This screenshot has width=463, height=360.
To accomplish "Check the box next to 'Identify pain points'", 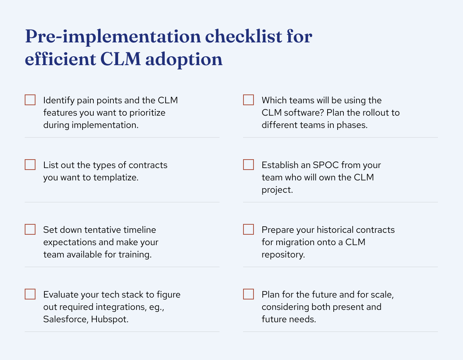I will tap(30, 100).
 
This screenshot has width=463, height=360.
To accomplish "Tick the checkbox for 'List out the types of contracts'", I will tap(30, 165).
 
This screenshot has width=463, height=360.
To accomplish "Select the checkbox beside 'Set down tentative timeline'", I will tap(30, 230).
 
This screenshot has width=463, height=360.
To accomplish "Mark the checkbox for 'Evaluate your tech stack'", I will tap(30, 294).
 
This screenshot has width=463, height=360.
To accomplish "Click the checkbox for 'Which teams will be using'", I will tap(248, 100).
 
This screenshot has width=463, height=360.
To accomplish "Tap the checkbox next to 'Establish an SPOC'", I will tap(248, 165).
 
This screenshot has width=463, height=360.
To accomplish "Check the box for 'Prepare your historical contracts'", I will tap(248, 230).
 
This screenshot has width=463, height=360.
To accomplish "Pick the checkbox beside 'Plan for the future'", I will tap(248, 294).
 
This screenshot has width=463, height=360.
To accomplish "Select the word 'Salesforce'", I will tap(65, 320).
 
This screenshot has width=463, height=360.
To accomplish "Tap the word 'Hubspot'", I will tap(110, 320).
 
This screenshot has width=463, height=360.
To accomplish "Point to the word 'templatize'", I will tap(115, 178).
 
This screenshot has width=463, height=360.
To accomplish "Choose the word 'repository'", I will tap(283, 255).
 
